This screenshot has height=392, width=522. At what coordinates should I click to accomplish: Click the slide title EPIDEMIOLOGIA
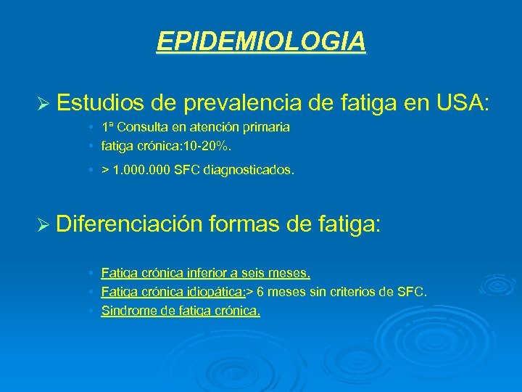pyautogui.click(x=261, y=42)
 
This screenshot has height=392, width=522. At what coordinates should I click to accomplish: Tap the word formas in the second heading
pyautogui.click(x=245, y=222)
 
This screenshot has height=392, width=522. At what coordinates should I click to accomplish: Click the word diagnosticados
pyautogui.click(x=244, y=171)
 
